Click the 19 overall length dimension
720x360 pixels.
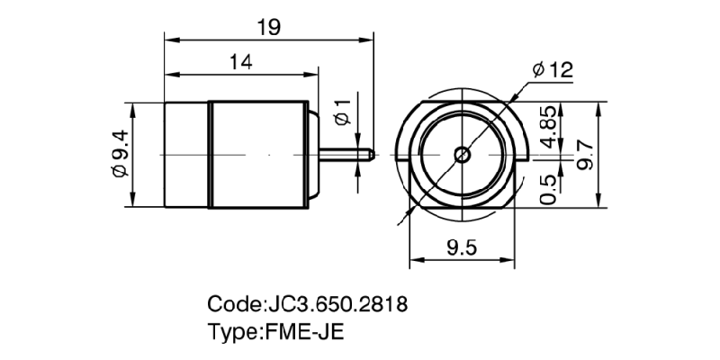point(268,27)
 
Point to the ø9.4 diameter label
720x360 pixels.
point(118,155)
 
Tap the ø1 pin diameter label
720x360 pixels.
point(341,109)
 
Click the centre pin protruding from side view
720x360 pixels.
point(346,154)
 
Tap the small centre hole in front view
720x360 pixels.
point(462,154)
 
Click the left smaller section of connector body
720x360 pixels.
point(185,154)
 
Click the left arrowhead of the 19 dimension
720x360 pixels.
point(167,39)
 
